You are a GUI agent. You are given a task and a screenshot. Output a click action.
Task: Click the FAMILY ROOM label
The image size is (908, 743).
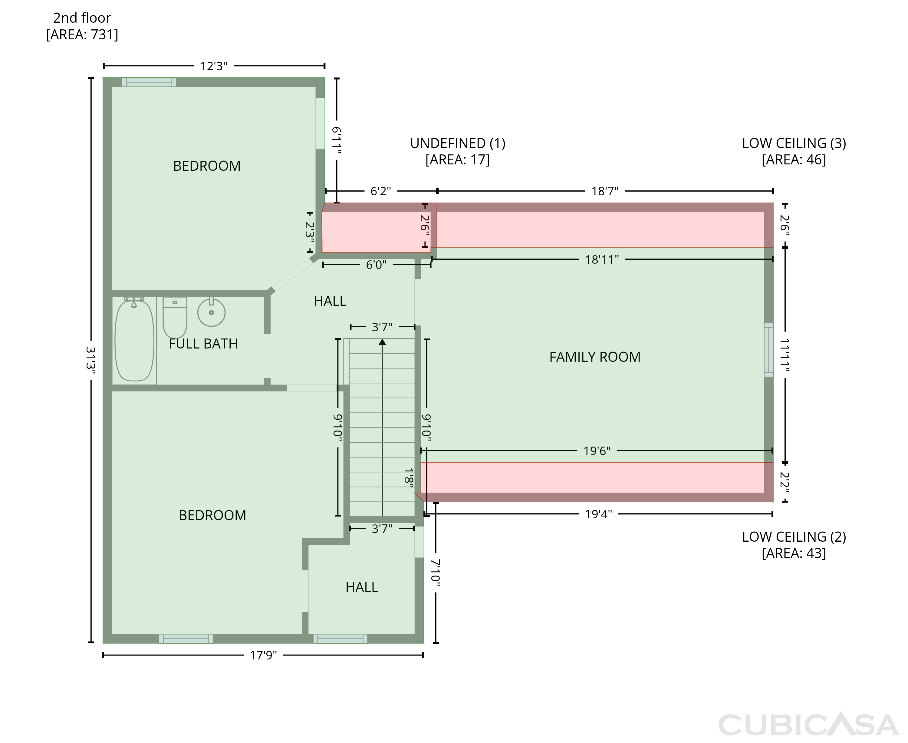(595, 357)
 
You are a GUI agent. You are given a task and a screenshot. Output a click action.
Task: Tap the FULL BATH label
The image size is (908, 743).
(203, 344)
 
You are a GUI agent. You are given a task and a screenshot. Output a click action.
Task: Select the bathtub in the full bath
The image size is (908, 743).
(134, 340)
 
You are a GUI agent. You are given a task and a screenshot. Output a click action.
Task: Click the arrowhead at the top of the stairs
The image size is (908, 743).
(382, 342)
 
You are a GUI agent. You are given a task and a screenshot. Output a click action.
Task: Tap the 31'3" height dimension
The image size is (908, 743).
(91, 360)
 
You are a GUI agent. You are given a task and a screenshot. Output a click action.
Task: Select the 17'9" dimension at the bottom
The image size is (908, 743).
(264, 655)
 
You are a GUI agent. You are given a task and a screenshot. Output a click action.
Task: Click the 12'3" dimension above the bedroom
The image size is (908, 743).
(214, 66)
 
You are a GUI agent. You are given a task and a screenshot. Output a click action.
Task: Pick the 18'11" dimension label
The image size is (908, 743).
(602, 259)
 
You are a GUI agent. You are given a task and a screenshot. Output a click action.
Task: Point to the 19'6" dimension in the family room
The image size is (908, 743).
(597, 451)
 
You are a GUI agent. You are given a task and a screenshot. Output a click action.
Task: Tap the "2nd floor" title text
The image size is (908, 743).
(82, 18)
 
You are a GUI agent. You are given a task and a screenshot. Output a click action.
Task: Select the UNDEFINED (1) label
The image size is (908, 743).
(458, 144)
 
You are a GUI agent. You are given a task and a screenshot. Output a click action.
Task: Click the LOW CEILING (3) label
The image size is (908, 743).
(794, 144)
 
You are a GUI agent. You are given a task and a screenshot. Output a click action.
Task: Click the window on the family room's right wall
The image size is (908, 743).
(769, 350)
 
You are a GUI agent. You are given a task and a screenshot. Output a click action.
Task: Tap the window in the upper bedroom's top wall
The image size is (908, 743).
(149, 82)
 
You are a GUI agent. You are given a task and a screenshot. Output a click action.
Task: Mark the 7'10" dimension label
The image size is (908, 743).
(436, 573)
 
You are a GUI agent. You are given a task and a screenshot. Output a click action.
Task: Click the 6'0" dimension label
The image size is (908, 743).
(376, 265)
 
